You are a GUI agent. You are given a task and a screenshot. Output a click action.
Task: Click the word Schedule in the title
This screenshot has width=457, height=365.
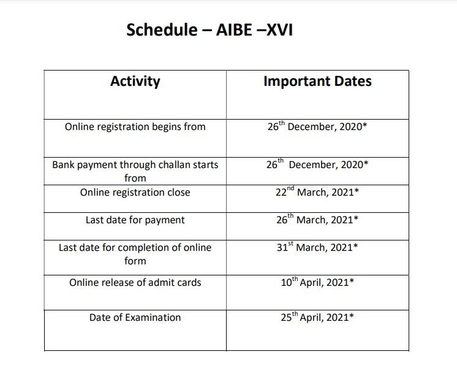pyautogui.click(x=162, y=30)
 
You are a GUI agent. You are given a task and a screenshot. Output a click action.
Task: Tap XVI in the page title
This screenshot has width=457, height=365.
pyautogui.click(x=280, y=30)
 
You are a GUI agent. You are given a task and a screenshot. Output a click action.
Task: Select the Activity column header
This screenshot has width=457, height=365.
pyautogui.click(x=135, y=81)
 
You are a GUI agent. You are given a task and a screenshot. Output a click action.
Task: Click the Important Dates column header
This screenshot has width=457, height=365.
pyautogui.click(x=317, y=81)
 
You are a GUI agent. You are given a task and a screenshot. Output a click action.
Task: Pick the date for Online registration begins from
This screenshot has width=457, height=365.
pyautogui.click(x=317, y=126)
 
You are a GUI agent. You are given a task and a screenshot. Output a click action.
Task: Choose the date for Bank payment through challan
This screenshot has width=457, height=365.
pyautogui.click(x=317, y=164)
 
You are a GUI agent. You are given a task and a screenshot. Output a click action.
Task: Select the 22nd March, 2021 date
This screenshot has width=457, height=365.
pyautogui.click(x=317, y=191)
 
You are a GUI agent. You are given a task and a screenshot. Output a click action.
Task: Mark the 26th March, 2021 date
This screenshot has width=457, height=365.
pyautogui.click(x=317, y=219)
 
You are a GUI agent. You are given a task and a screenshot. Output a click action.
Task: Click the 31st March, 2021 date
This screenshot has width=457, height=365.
pyautogui.click(x=317, y=247)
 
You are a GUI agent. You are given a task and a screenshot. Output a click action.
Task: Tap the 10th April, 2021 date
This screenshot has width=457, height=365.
pyautogui.click(x=317, y=282)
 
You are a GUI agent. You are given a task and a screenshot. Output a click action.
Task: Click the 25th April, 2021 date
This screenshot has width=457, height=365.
pyautogui.click(x=317, y=317)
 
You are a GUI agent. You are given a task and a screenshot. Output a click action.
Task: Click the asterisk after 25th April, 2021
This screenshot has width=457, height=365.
pyautogui.click(x=352, y=315)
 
